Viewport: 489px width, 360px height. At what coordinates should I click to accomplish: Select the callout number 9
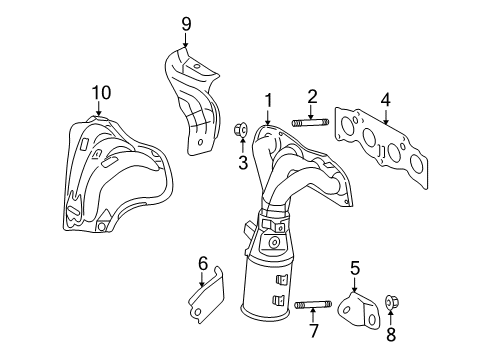(184, 22)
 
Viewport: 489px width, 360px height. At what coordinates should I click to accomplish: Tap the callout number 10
(98, 93)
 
